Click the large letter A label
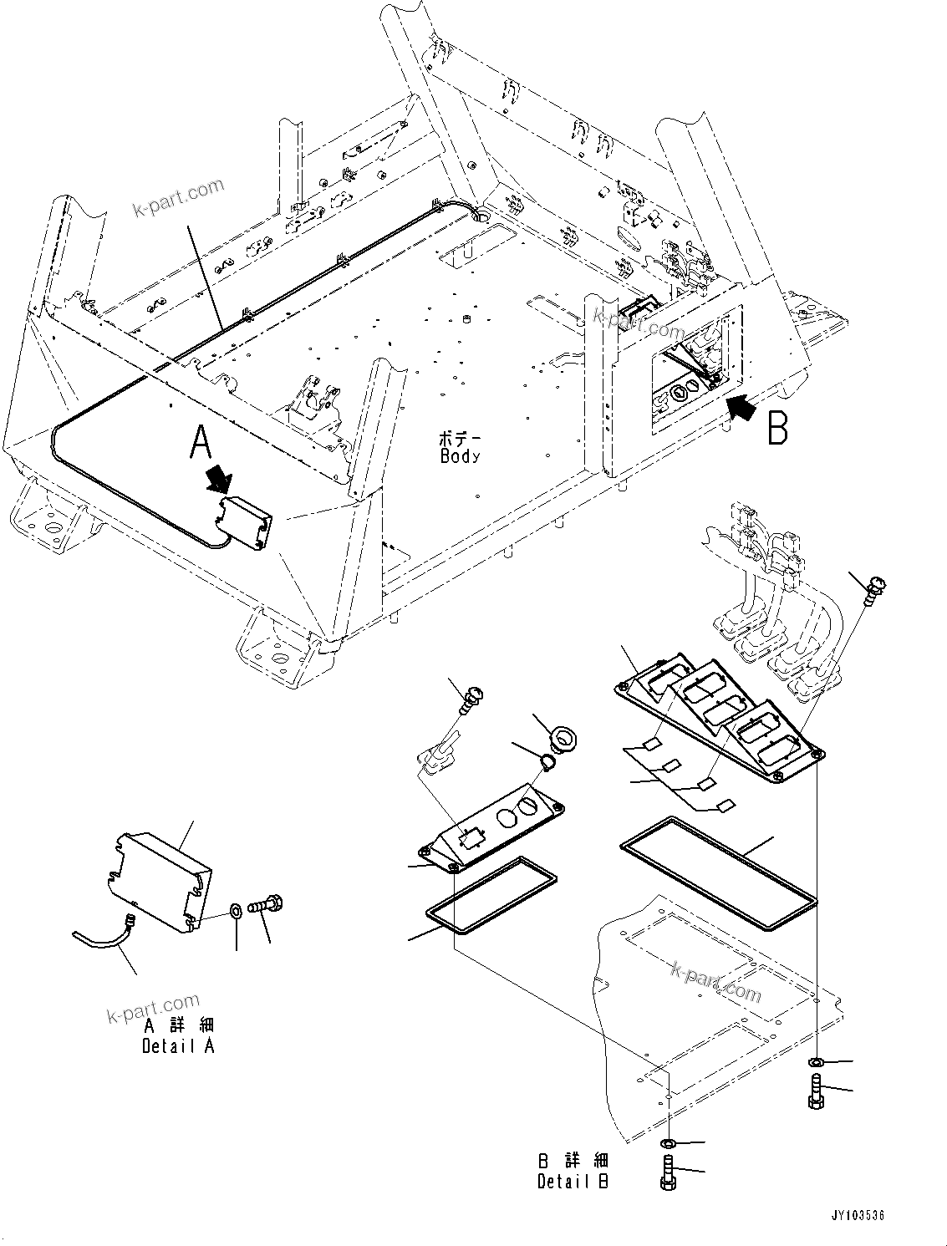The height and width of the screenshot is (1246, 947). tap(201, 441)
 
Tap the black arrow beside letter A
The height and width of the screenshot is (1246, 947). tap(220, 479)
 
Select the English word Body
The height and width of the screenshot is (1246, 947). tap(460, 456)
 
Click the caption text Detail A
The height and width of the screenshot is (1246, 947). tap(178, 1046)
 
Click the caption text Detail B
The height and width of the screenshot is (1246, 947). tap(573, 1182)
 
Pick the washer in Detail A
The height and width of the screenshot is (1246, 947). tap(237, 909)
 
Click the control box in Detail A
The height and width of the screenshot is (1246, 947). tap(163, 877)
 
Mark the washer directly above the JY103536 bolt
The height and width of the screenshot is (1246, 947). tap(817, 1062)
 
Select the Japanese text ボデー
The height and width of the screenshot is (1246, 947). tap(460, 438)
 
